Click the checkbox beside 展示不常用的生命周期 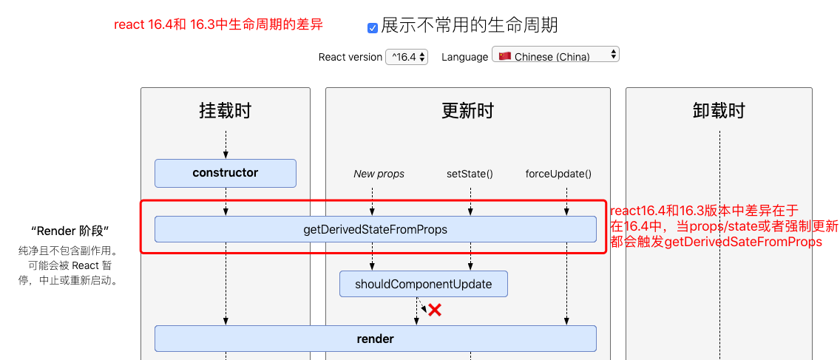373,27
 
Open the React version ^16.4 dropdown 407,57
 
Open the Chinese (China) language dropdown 555,55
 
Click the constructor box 225,173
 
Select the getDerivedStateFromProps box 375,229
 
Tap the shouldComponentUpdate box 423,284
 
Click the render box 375,339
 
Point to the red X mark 435,310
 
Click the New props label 379,174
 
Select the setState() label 470,174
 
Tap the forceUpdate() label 558,174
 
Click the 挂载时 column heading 225,111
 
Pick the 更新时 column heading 467,111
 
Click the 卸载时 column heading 718,111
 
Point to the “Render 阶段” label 70,231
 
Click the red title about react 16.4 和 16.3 218,24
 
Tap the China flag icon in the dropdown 505,56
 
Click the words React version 350,57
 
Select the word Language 464,57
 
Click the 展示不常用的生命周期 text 470,25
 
